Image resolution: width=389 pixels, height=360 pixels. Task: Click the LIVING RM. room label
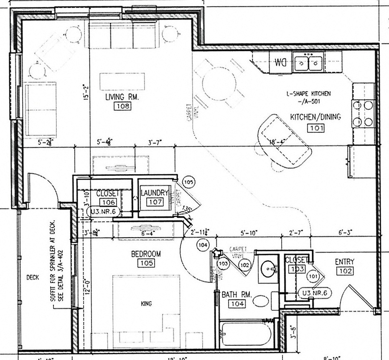click(x=122, y=97)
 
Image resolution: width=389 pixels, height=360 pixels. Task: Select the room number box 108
click(x=122, y=106)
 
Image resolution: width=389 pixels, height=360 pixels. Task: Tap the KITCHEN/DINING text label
click(x=315, y=117)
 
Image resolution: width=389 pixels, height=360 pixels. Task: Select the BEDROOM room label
click(x=146, y=254)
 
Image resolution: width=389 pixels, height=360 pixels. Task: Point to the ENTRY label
click(x=345, y=262)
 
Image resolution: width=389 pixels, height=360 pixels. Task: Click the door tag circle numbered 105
click(x=189, y=183)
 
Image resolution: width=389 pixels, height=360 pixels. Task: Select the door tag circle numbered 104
click(x=203, y=245)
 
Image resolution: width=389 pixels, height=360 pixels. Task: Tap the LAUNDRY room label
click(x=154, y=193)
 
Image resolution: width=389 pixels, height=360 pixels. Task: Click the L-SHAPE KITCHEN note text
click(x=308, y=94)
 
